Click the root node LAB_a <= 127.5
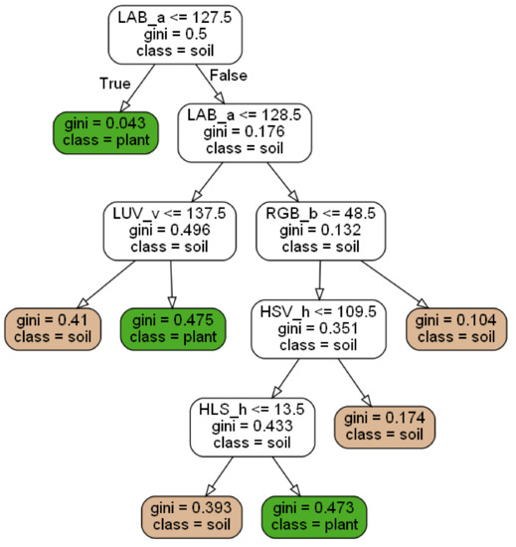174,33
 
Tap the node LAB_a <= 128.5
245,131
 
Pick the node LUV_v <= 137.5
170,232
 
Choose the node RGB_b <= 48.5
322,232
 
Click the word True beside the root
114,83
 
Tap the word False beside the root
228,77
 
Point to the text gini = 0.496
170,232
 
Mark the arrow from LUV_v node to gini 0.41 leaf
101,284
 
